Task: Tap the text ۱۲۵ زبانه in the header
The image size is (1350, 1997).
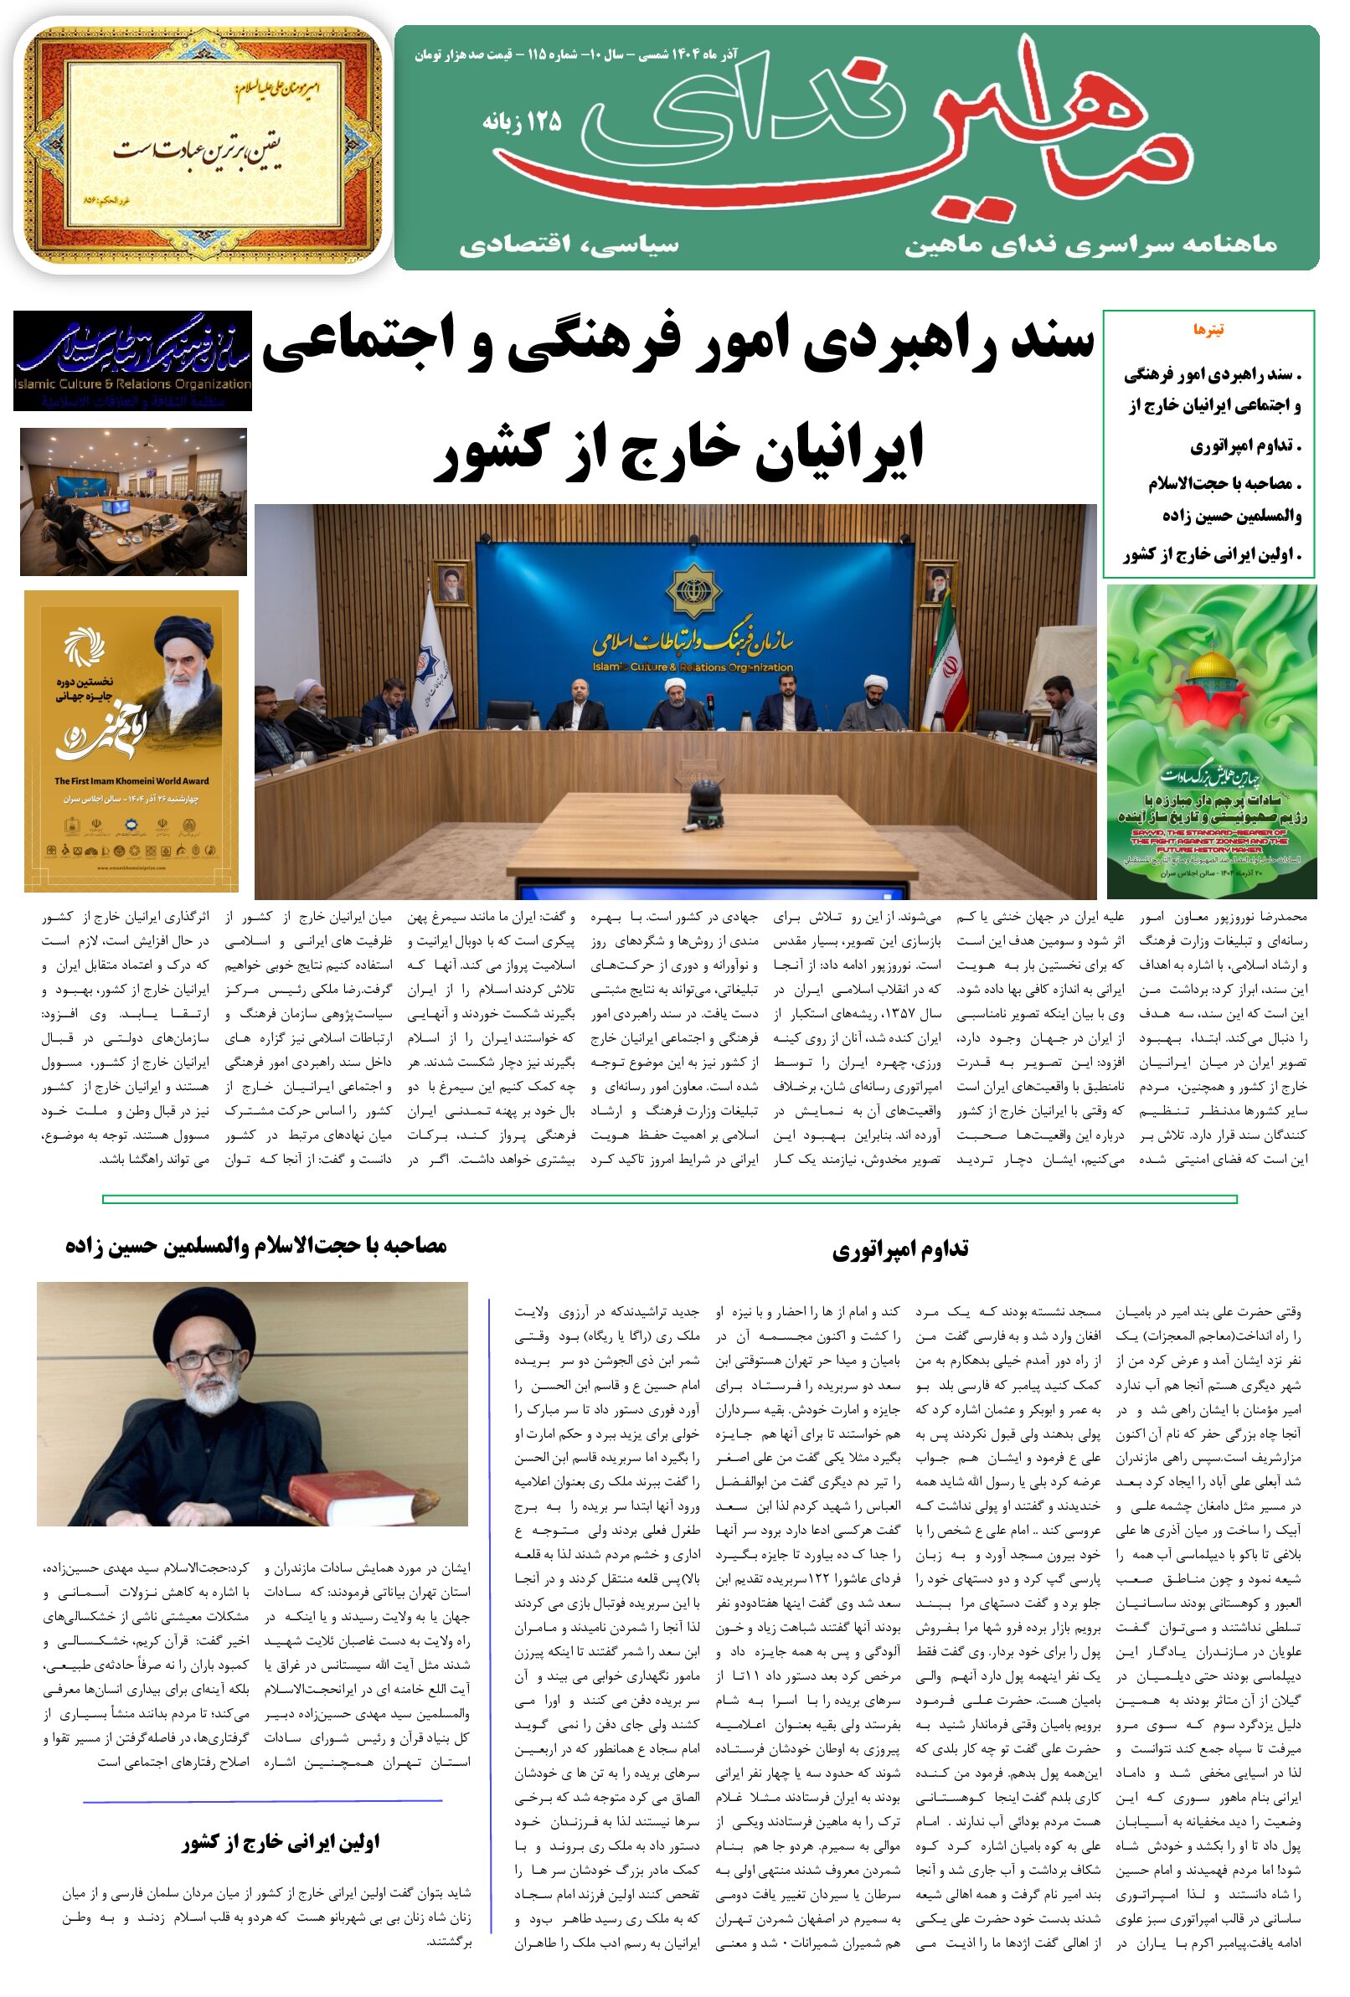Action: (521, 122)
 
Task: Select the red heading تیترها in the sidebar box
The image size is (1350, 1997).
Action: (1208, 330)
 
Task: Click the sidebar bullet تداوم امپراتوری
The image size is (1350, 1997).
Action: (1245, 446)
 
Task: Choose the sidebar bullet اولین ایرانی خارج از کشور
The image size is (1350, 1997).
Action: (1212, 555)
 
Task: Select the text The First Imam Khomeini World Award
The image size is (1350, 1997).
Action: (131, 781)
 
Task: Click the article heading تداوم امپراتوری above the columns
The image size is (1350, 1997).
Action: (899, 1248)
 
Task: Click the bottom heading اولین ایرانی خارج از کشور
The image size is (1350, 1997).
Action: (281, 1842)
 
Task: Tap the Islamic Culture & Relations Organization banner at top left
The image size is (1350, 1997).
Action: (132, 361)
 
